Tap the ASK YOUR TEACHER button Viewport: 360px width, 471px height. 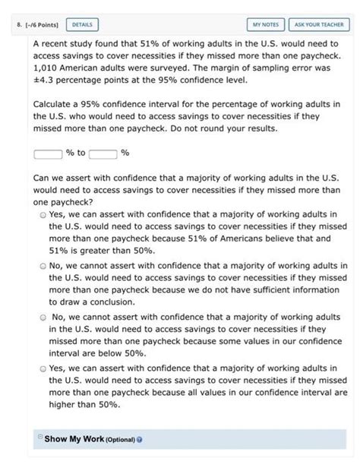click(x=318, y=24)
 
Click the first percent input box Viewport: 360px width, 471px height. click(x=48, y=153)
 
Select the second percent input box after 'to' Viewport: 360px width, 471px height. click(x=103, y=153)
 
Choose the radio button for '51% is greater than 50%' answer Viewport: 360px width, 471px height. click(x=43, y=216)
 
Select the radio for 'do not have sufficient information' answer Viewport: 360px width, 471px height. click(x=43, y=266)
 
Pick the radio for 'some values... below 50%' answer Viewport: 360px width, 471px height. click(x=43, y=317)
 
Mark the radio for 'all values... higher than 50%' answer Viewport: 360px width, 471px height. click(x=43, y=368)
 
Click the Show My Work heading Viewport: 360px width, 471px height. click(x=72, y=439)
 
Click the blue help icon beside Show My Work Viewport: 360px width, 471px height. click(x=140, y=440)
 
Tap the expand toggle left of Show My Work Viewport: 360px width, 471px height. click(x=39, y=438)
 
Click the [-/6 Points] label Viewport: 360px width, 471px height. click(x=39, y=24)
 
